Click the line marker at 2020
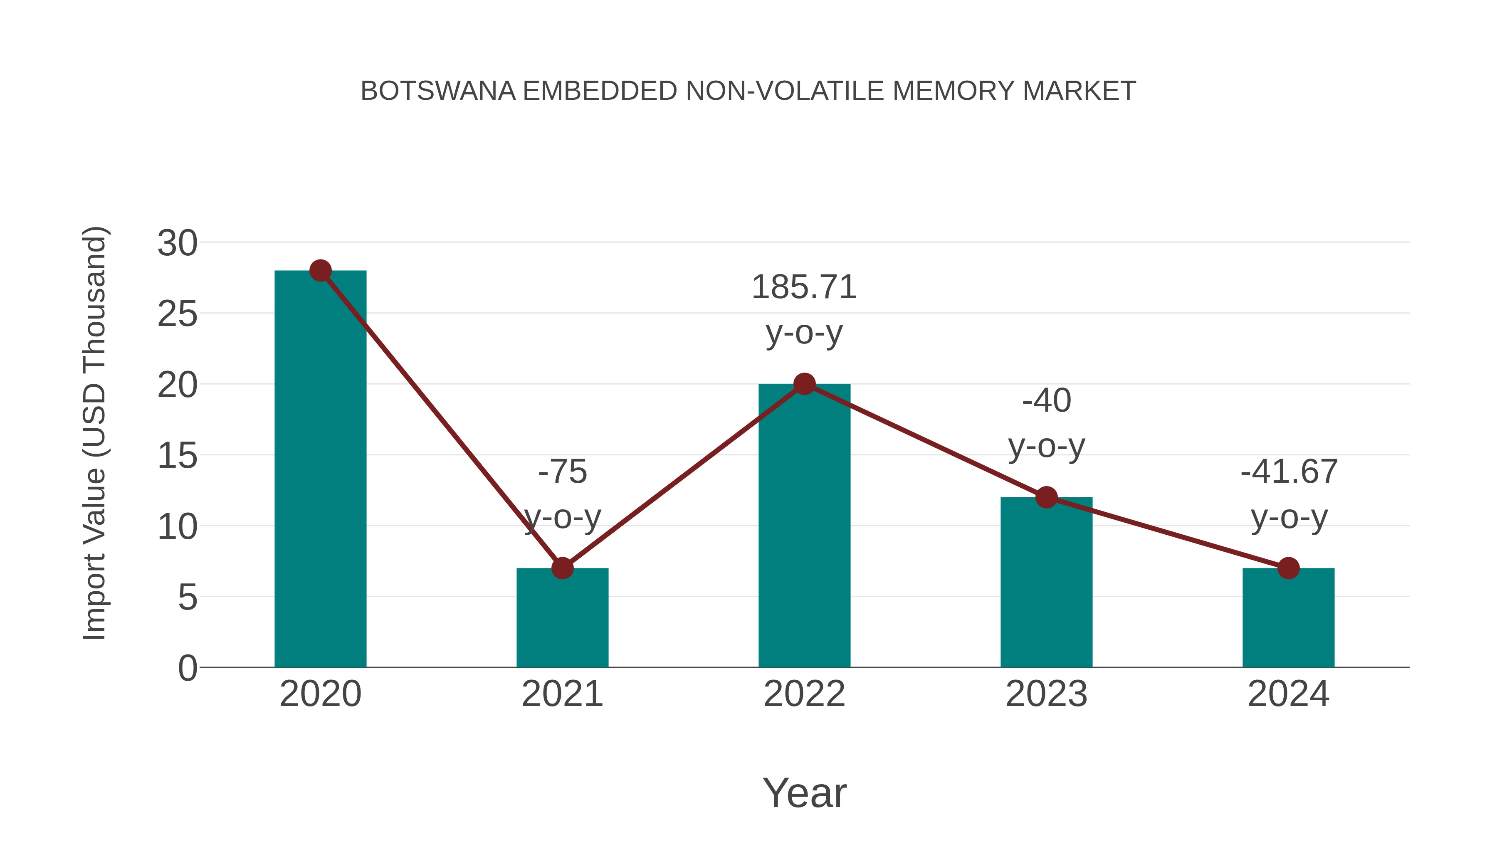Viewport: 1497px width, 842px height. point(320,270)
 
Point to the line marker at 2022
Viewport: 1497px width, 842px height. point(804,383)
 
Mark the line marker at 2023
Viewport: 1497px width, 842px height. point(1046,497)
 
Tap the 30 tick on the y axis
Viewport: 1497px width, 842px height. point(177,243)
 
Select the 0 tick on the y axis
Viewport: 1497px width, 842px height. point(187,668)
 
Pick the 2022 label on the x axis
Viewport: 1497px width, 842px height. point(804,694)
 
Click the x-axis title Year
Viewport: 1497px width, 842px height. point(804,793)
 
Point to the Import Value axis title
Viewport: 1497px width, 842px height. point(94,433)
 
